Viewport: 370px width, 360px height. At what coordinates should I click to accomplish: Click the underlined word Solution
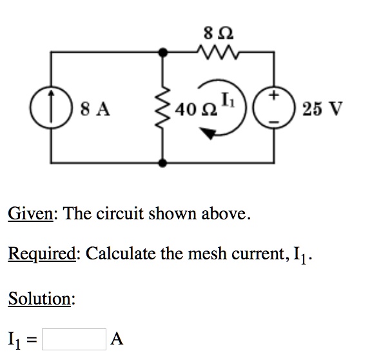[40, 299]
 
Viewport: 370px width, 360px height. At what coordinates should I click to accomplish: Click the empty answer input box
[75, 338]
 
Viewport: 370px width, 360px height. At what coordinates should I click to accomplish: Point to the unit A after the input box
[117, 338]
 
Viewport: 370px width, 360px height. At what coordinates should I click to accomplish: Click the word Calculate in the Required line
[121, 254]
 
